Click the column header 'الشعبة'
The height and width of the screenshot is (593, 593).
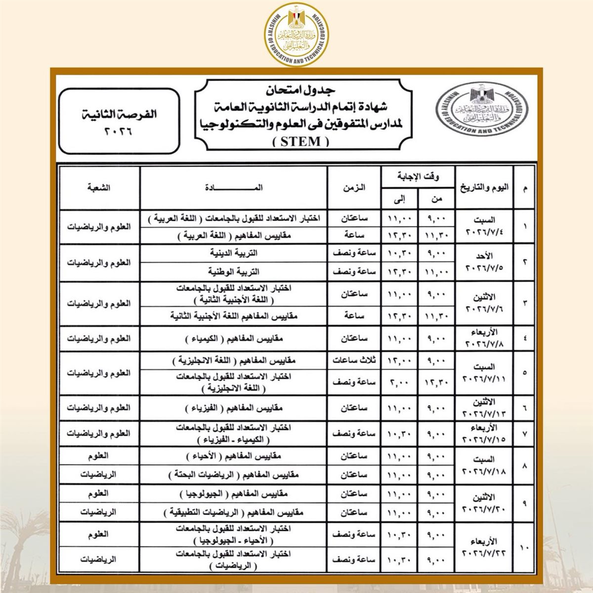(x=99, y=188)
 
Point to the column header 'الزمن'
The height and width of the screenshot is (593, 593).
(x=354, y=188)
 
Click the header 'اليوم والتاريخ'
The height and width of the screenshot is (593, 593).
(x=484, y=188)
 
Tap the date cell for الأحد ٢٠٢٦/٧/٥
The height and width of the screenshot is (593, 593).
(x=484, y=262)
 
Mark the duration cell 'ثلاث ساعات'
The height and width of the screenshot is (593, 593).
(x=354, y=360)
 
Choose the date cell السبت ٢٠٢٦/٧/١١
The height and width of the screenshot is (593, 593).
(x=484, y=373)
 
